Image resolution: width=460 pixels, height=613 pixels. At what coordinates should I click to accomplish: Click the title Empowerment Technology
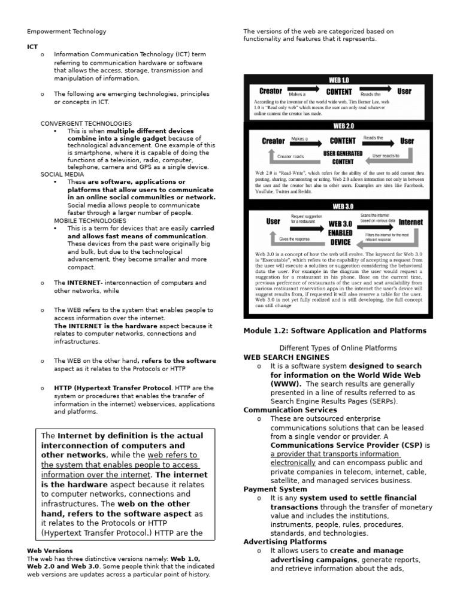[x=66, y=32]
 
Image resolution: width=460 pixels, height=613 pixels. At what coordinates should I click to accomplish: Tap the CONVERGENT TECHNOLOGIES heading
[x=86, y=123]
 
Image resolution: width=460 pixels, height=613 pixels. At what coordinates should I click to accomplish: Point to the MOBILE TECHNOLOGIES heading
[x=90, y=220]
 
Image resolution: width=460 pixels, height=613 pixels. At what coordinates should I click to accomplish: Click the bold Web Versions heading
[x=50, y=551]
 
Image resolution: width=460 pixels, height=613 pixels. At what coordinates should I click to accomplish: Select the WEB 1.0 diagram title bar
[x=338, y=80]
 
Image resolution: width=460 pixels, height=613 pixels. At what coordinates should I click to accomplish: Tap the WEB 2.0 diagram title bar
[x=338, y=126]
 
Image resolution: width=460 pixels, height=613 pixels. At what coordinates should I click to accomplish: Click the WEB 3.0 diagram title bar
[x=338, y=205]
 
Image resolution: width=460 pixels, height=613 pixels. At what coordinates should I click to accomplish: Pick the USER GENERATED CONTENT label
[x=343, y=157]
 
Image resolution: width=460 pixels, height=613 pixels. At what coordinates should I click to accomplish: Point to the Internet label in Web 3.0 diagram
[x=410, y=221]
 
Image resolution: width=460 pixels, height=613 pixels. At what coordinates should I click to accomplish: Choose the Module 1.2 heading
[x=335, y=330]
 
